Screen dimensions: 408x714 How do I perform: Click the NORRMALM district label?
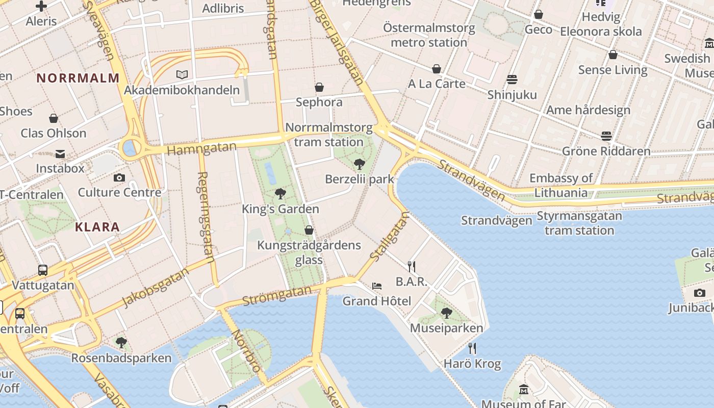pyautogui.click(x=78, y=78)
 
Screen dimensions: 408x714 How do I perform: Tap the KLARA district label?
pyautogui.click(x=97, y=227)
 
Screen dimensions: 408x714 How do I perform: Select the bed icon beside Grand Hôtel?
pyautogui.click(x=377, y=286)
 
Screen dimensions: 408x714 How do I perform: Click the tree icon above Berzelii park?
pyautogui.click(x=360, y=164)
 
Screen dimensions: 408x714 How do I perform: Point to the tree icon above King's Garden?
pyautogui.click(x=280, y=193)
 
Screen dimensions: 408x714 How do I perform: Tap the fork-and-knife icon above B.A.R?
pyautogui.click(x=412, y=266)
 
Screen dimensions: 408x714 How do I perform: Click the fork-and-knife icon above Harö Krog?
pyautogui.click(x=472, y=348)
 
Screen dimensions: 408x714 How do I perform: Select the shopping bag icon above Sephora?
pyautogui.click(x=319, y=87)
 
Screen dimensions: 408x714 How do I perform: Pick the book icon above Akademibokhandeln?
pyautogui.click(x=182, y=74)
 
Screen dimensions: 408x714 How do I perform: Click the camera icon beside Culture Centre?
pyautogui.click(x=119, y=177)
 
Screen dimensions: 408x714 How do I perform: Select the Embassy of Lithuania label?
pyautogui.click(x=561, y=185)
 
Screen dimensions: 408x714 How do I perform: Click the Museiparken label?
pyautogui.click(x=446, y=328)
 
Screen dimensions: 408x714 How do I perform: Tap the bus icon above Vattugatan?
pyautogui.click(x=43, y=270)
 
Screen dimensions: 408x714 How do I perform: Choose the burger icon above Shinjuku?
pyautogui.click(x=512, y=79)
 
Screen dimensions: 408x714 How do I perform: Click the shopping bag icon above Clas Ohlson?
pyautogui.click(x=54, y=118)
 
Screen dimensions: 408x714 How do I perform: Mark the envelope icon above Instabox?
pyautogui.click(x=60, y=154)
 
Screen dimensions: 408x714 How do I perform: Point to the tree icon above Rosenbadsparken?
pyautogui.click(x=121, y=342)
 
